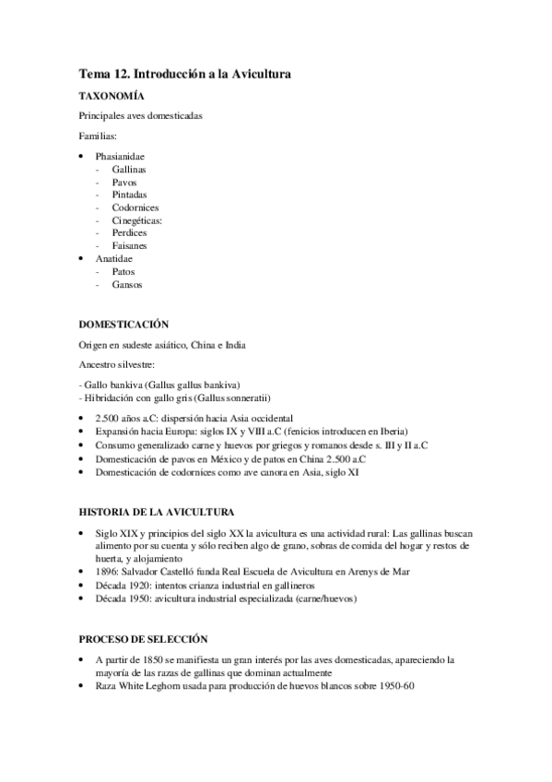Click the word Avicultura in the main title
coord(258,73)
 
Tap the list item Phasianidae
coord(120,157)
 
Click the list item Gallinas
coord(129,170)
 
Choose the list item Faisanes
coord(130,246)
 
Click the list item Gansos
coord(127,285)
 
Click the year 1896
coord(105,572)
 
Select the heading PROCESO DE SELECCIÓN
coord(143,638)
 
